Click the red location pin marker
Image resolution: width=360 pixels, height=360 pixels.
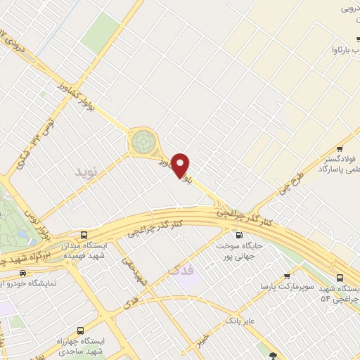181,165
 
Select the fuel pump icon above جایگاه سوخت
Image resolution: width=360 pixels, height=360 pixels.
240,235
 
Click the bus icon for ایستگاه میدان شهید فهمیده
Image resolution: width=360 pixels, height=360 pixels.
84,235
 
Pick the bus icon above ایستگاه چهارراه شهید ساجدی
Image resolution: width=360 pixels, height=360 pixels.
79,330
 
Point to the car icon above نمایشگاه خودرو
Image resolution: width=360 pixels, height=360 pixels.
24,273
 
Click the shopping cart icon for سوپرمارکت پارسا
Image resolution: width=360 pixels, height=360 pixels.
287,276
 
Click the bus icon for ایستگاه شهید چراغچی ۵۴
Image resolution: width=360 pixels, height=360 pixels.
339,278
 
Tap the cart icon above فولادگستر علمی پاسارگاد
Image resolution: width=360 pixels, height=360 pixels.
340,148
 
